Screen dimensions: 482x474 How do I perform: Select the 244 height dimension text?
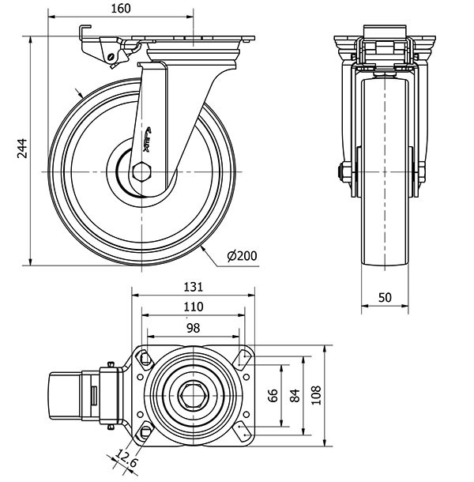[x=23, y=149]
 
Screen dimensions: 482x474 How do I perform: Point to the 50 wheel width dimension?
[x=385, y=296]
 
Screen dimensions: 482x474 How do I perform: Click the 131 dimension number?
[x=194, y=287]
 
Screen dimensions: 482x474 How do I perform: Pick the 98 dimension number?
[x=192, y=327]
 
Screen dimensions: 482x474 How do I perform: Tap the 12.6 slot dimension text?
[x=126, y=457]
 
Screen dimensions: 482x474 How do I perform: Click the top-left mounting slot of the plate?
[x=147, y=359]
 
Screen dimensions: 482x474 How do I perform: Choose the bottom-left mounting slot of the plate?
[x=147, y=431]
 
